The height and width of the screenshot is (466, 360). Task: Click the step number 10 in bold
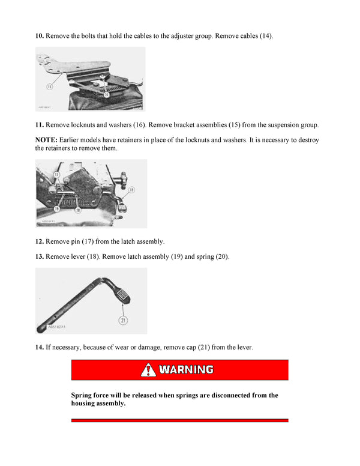pyautogui.click(x=39, y=36)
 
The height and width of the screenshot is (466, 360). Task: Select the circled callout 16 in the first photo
pyautogui.click(x=106, y=94)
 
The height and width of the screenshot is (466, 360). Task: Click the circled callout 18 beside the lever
pyautogui.click(x=131, y=190)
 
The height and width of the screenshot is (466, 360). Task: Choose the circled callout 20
pyautogui.click(x=78, y=210)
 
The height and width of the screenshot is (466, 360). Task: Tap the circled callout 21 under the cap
pyautogui.click(x=123, y=320)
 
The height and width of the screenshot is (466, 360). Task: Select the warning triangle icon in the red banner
pyautogui.click(x=148, y=369)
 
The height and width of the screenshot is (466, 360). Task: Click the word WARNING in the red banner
pyautogui.click(x=186, y=369)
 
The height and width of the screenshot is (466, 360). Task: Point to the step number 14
pyautogui.click(x=39, y=347)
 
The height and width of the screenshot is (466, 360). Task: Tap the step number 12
pyautogui.click(x=39, y=241)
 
